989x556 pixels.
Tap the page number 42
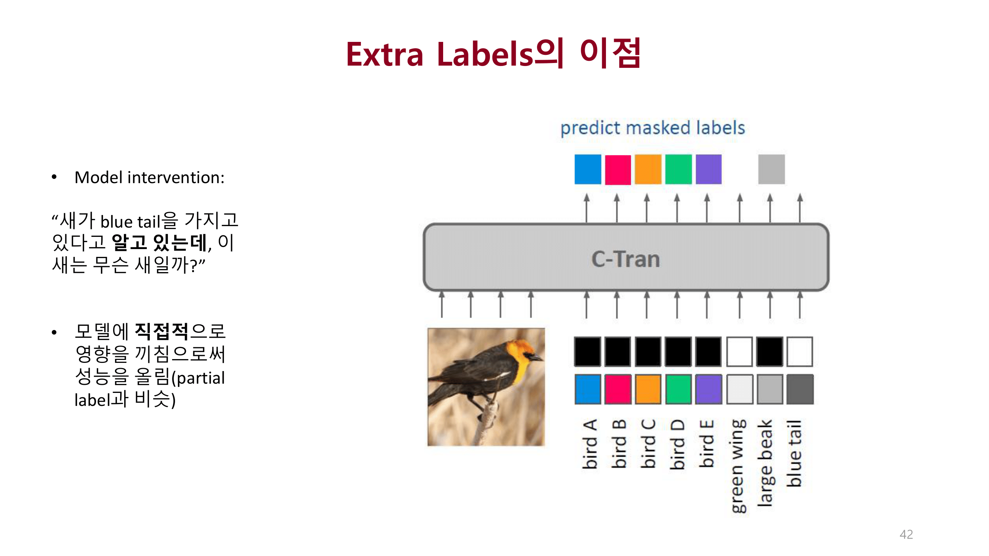pos(906,534)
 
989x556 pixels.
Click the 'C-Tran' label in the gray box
pos(626,259)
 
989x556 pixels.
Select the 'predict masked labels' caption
pos(652,128)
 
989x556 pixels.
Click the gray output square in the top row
pos(771,169)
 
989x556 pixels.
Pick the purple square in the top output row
pos(708,169)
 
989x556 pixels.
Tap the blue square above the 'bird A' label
pos(587,390)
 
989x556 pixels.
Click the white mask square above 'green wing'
pos(739,351)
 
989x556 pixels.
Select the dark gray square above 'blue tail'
pos(800,390)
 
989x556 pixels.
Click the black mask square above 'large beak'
pos(769,351)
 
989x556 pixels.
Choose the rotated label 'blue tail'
pos(794,453)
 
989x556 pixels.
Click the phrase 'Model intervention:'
pos(149,178)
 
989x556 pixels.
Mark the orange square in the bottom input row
pos(648,390)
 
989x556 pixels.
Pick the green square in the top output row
pos(678,169)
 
